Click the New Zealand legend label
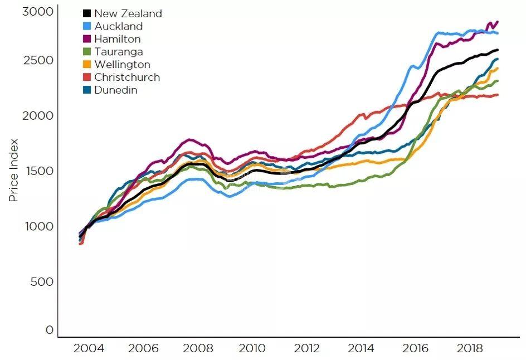pos(128,13)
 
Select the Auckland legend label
pos(118,26)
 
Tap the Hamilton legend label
pos(117,39)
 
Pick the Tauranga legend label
pos(118,52)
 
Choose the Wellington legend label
pos(122,65)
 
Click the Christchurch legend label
pos(127,77)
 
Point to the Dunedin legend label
pos(115,90)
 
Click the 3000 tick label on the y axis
pos(38,12)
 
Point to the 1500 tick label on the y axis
pos(38,171)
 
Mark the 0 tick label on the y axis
pos(50,330)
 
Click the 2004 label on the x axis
pos(89,349)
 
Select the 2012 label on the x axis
pos(306,349)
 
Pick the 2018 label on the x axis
pos(470,349)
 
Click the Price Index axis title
pos(14,170)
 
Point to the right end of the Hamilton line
pos(497,22)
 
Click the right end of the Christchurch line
pos(498,95)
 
